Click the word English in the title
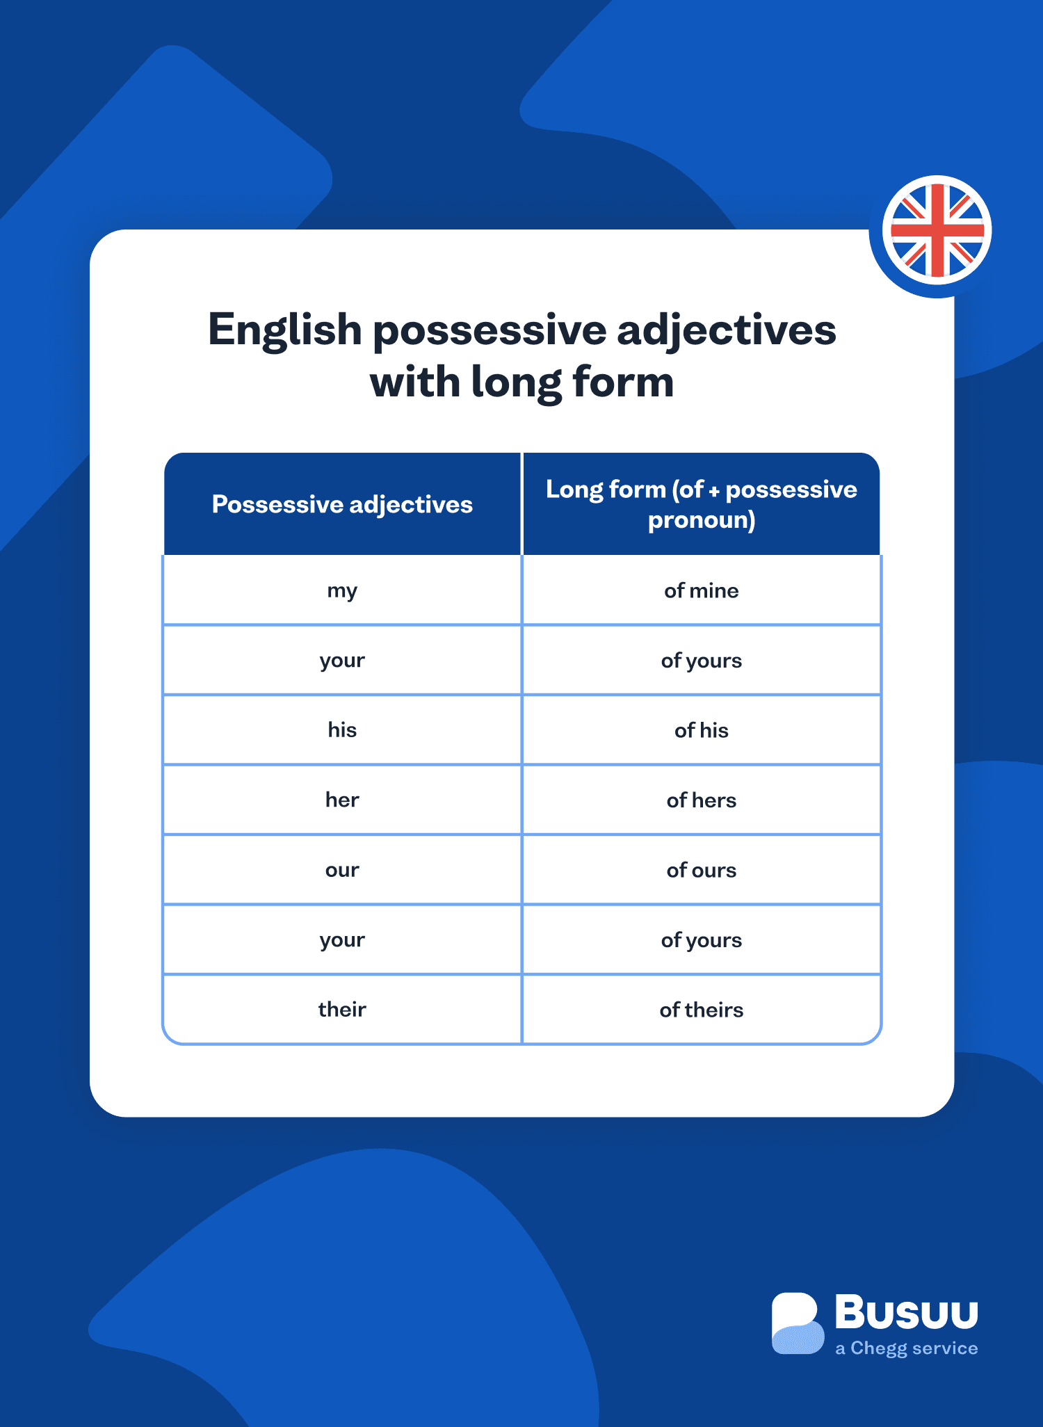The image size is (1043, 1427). [x=284, y=331]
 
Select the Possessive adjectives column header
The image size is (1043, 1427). [x=342, y=504]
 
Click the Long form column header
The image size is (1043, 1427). [x=701, y=503]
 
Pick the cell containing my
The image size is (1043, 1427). [x=342, y=591]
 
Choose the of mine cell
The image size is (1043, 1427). [x=701, y=591]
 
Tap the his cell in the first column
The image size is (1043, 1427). [x=342, y=730]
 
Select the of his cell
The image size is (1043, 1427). [x=701, y=730]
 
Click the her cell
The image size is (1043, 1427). [x=342, y=800]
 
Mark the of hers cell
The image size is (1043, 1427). [x=701, y=800]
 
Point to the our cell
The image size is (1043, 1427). [x=342, y=870]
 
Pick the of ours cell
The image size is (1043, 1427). [x=701, y=870]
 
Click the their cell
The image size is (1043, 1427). [x=342, y=1009]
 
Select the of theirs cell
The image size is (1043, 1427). [x=701, y=1010]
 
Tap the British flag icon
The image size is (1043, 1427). [x=937, y=230]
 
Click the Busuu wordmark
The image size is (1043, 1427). [x=906, y=1312]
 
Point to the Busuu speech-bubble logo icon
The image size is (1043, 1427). [x=797, y=1323]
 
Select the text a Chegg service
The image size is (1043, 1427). [x=906, y=1348]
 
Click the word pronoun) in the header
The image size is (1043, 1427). [x=701, y=520]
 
